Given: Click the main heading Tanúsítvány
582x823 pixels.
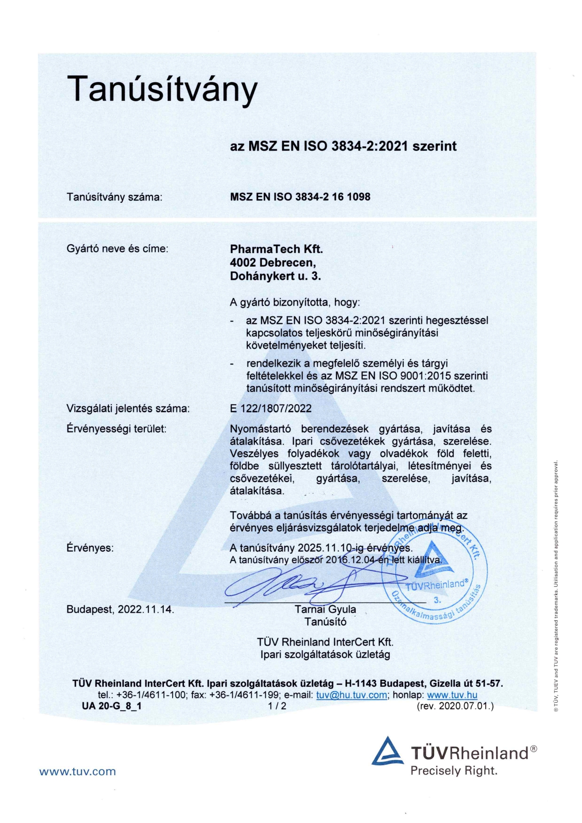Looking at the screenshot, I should (162, 89).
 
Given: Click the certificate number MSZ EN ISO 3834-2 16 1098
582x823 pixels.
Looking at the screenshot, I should (300, 197).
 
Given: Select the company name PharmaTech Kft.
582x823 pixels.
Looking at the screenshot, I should (276, 249).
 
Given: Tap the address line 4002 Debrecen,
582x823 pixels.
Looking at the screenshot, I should (273, 262).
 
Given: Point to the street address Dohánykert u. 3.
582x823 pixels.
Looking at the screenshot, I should (276, 276).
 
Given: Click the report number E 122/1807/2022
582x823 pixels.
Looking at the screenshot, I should (271, 408).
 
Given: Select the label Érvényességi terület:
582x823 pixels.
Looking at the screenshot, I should (116, 429).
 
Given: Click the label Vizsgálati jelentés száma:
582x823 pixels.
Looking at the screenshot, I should (128, 408).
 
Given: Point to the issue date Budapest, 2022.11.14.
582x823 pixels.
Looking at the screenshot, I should (120, 609).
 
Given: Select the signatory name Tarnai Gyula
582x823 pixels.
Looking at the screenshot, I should (325, 609).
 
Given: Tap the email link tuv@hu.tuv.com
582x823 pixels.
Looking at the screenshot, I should (352, 695).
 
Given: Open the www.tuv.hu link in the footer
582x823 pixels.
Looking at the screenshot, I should (452, 695).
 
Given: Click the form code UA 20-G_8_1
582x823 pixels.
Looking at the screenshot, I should (111, 706).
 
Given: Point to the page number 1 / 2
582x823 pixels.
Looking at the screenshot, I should (277, 706).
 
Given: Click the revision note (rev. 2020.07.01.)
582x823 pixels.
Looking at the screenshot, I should (455, 706).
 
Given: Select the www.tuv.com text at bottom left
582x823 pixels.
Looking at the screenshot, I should (77, 771).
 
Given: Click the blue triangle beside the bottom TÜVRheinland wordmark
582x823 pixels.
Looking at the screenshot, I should (388, 751).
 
